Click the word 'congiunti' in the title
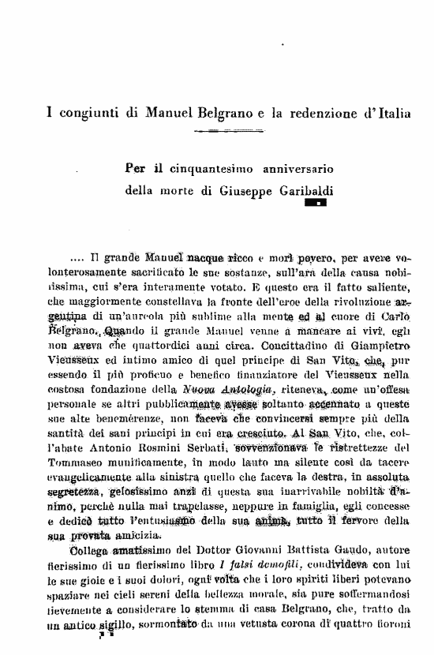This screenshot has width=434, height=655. [84, 114]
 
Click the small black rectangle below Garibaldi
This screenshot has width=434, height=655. [316, 204]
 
